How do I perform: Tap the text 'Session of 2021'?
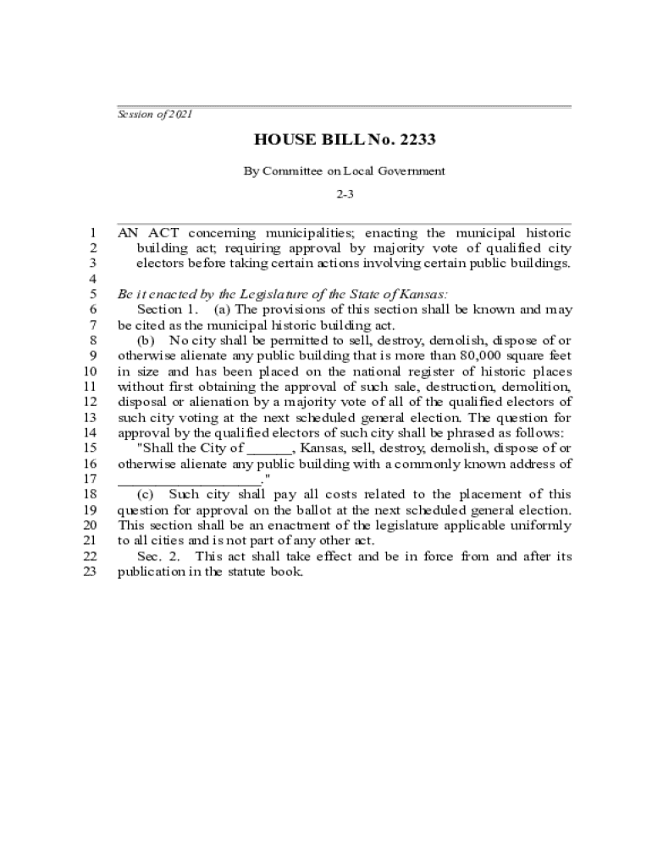coord(154,114)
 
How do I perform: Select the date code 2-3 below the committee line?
coord(345,194)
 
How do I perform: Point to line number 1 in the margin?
coord(91,232)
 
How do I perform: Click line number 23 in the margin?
coord(87,571)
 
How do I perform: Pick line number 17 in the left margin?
coord(87,479)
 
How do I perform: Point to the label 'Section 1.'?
coord(167,309)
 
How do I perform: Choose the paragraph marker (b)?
coord(146,340)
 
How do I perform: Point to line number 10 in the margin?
coord(87,371)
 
